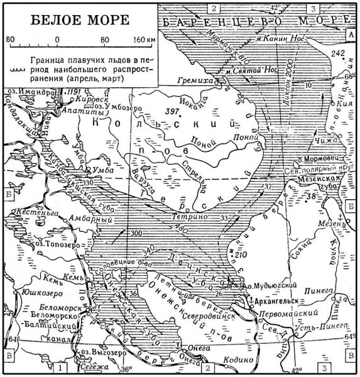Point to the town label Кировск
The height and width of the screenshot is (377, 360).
[x=87, y=99]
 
